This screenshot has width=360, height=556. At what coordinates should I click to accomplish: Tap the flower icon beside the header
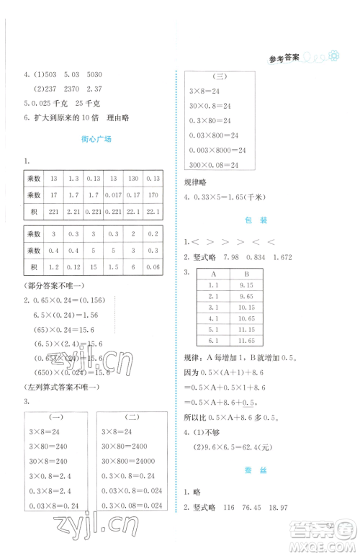pos(333,58)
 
